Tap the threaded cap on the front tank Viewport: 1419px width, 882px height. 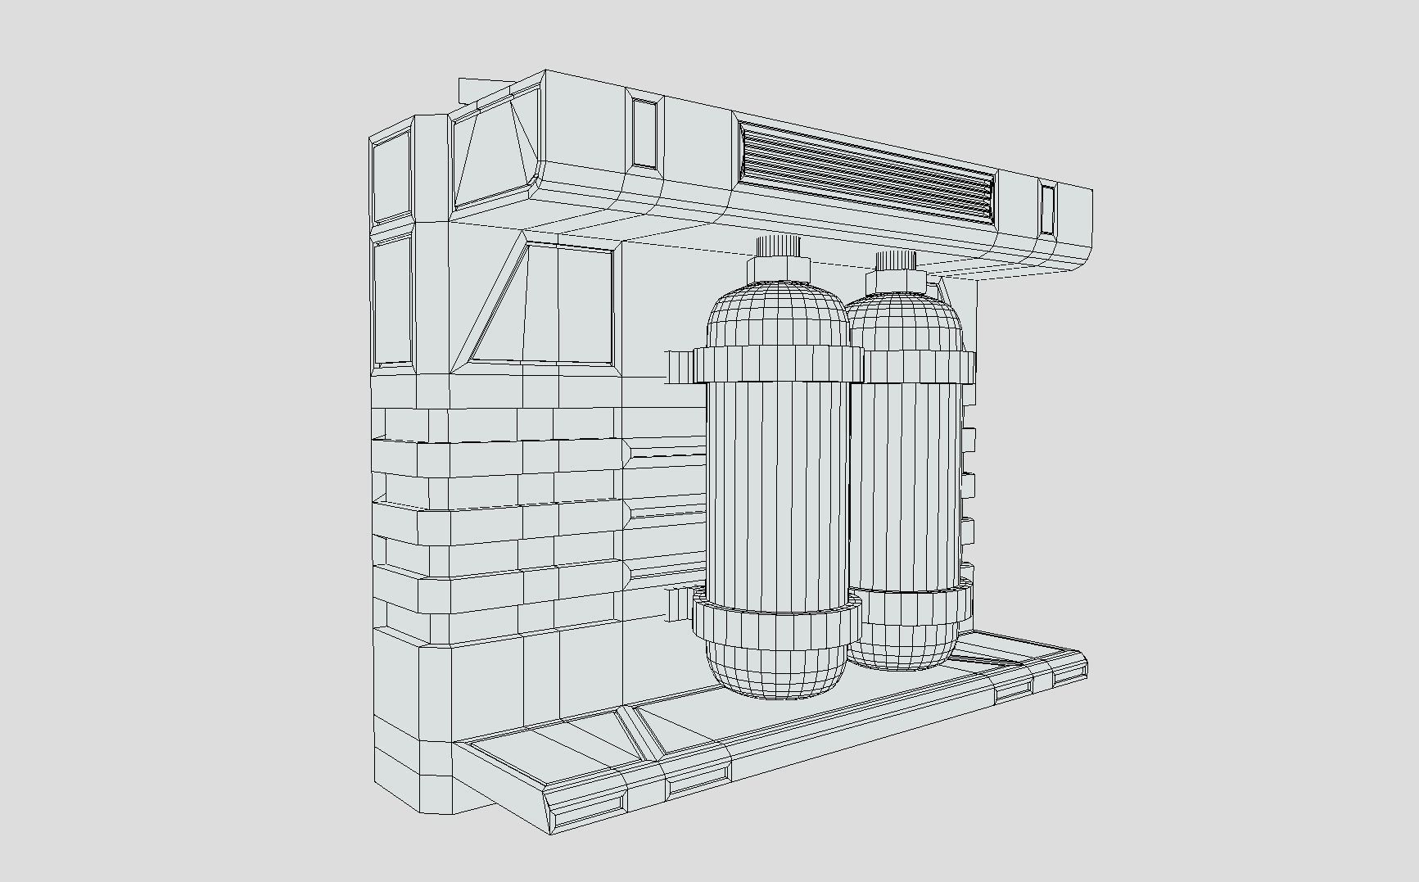(777, 246)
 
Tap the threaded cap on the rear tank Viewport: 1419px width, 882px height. (893, 260)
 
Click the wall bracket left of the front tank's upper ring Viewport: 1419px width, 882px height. (680, 368)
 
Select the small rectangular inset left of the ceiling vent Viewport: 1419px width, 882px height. (644, 133)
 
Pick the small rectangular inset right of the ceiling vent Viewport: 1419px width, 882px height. (1048, 208)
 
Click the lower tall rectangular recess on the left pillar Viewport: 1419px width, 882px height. (392, 301)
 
